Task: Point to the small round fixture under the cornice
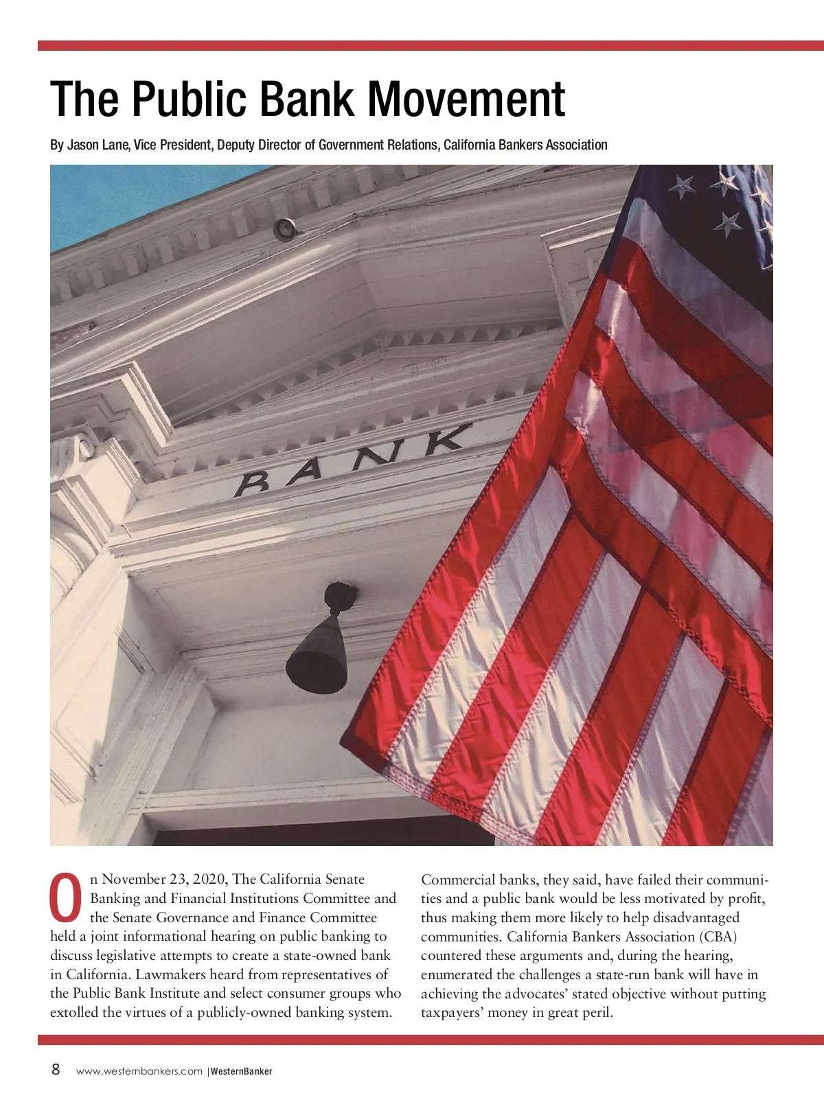[284, 228]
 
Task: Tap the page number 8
[56, 1069]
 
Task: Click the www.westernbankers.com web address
[139, 1071]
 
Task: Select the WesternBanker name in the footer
[242, 1071]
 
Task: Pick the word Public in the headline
[189, 99]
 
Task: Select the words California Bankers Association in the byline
[525, 145]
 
